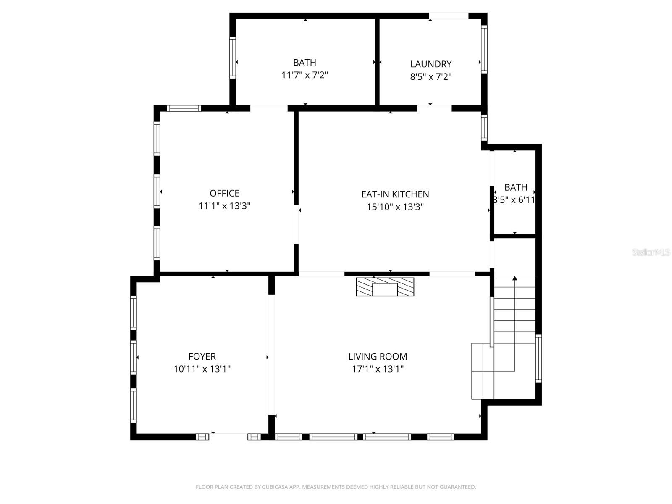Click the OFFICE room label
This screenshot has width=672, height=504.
click(224, 193)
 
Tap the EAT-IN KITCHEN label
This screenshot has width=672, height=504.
click(395, 194)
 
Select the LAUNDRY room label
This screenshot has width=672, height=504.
click(431, 64)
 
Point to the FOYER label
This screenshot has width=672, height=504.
click(202, 356)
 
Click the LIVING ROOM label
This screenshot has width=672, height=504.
click(378, 356)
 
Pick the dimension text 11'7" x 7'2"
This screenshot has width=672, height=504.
click(304, 75)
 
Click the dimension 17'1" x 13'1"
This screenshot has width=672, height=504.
click(378, 369)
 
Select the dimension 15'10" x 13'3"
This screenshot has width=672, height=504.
click(395, 207)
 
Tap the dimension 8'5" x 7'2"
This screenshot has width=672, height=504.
click(431, 77)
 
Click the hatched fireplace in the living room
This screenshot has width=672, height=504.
click(385, 286)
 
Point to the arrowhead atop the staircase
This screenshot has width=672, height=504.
click(515, 278)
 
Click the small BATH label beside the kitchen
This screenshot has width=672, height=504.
click(516, 187)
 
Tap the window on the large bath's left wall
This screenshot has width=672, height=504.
click(232, 58)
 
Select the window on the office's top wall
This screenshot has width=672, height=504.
click(184, 108)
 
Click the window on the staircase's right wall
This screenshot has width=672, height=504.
click(538, 358)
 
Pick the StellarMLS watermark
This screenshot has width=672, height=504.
click(651, 252)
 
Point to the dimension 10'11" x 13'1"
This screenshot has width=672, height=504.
click(202, 369)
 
